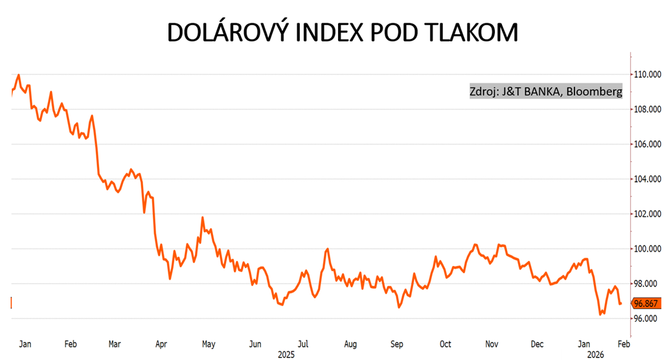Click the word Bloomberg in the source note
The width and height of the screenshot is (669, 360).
(x=594, y=92)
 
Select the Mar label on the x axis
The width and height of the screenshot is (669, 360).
(x=114, y=344)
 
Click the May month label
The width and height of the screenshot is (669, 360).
(x=208, y=344)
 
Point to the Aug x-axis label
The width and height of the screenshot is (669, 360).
(x=350, y=344)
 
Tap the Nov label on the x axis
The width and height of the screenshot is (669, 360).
(x=492, y=344)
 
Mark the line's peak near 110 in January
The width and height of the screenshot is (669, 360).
(x=18, y=75)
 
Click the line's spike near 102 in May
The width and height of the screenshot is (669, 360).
(x=203, y=218)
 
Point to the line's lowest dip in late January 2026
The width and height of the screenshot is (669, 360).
(x=600, y=315)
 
